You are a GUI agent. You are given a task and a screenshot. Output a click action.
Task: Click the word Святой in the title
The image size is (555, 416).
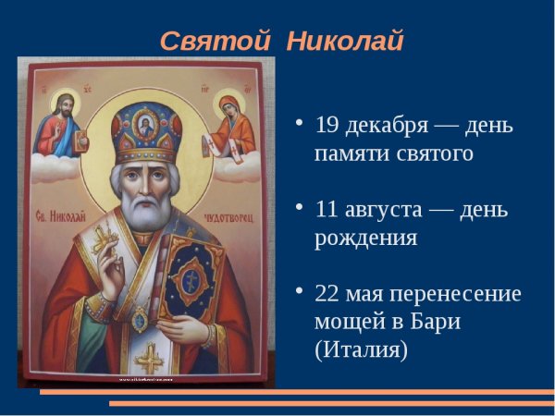point(214,42)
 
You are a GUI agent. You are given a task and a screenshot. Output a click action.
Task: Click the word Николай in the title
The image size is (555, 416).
point(345,42)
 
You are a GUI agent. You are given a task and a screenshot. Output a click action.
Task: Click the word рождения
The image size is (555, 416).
point(366,238)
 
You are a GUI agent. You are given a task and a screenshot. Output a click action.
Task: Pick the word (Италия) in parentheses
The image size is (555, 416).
point(360,351)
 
